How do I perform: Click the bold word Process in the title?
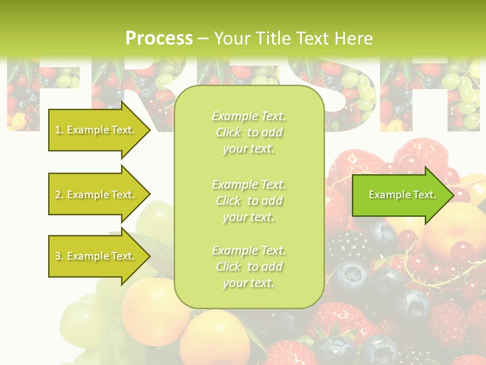(x=159, y=39)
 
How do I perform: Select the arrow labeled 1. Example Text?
(x=96, y=130)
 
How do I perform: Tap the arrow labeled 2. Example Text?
(x=96, y=195)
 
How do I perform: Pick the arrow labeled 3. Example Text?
(x=96, y=256)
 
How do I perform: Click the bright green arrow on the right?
(x=400, y=195)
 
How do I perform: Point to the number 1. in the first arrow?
(x=59, y=130)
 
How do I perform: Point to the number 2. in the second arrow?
(x=59, y=195)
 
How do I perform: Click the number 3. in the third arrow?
(x=59, y=256)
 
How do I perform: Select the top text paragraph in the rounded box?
(x=249, y=132)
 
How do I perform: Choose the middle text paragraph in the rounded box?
(x=249, y=201)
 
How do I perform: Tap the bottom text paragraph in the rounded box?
(x=249, y=267)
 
